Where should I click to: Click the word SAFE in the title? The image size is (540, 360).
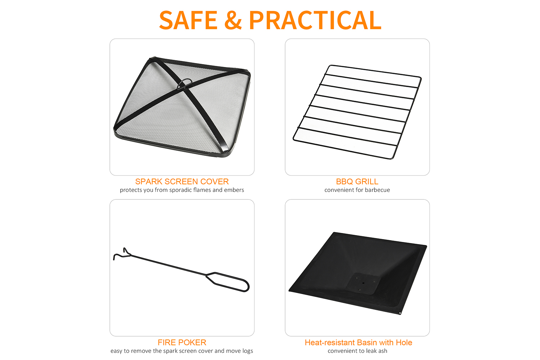(x=188, y=20)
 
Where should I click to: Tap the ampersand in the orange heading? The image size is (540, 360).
(x=233, y=20)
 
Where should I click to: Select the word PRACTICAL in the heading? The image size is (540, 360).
(x=315, y=20)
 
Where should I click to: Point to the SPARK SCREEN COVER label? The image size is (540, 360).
(x=182, y=181)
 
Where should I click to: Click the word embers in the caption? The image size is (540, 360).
(x=234, y=190)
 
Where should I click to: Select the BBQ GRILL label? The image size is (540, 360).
(x=357, y=181)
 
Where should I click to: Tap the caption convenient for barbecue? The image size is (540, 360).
(x=357, y=190)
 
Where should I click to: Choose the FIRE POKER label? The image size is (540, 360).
(x=182, y=342)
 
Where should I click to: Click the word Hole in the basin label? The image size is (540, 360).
(x=404, y=342)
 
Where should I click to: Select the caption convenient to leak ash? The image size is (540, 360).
(x=357, y=351)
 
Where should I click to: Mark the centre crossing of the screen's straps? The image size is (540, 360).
(x=187, y=90)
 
